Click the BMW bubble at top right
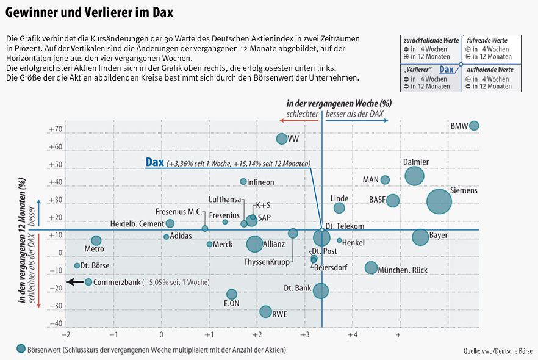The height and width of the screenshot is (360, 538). [474, 126]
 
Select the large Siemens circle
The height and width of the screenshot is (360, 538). [439, 201]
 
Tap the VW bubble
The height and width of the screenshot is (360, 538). [282, 139]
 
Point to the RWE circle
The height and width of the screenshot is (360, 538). [265, 312]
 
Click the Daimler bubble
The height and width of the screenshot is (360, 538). [414, 176]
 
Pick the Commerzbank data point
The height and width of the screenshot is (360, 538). [88, 282]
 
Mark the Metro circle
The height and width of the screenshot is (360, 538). [96, 240]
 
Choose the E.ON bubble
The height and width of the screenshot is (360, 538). [232, 294]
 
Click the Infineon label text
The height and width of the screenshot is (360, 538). [261, 182]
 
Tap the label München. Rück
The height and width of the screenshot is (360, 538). [403, 270]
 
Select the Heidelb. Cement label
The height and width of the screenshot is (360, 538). [137, 224]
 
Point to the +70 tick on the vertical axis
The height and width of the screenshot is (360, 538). [56, 130]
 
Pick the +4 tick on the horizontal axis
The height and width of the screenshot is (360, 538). [352, 335]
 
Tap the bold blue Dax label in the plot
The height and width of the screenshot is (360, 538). [154, 162]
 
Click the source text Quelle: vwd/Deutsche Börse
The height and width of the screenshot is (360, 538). [498, 351]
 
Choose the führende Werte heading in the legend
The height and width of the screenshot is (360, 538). [487, 40]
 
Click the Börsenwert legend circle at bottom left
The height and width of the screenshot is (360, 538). [22, 348]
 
